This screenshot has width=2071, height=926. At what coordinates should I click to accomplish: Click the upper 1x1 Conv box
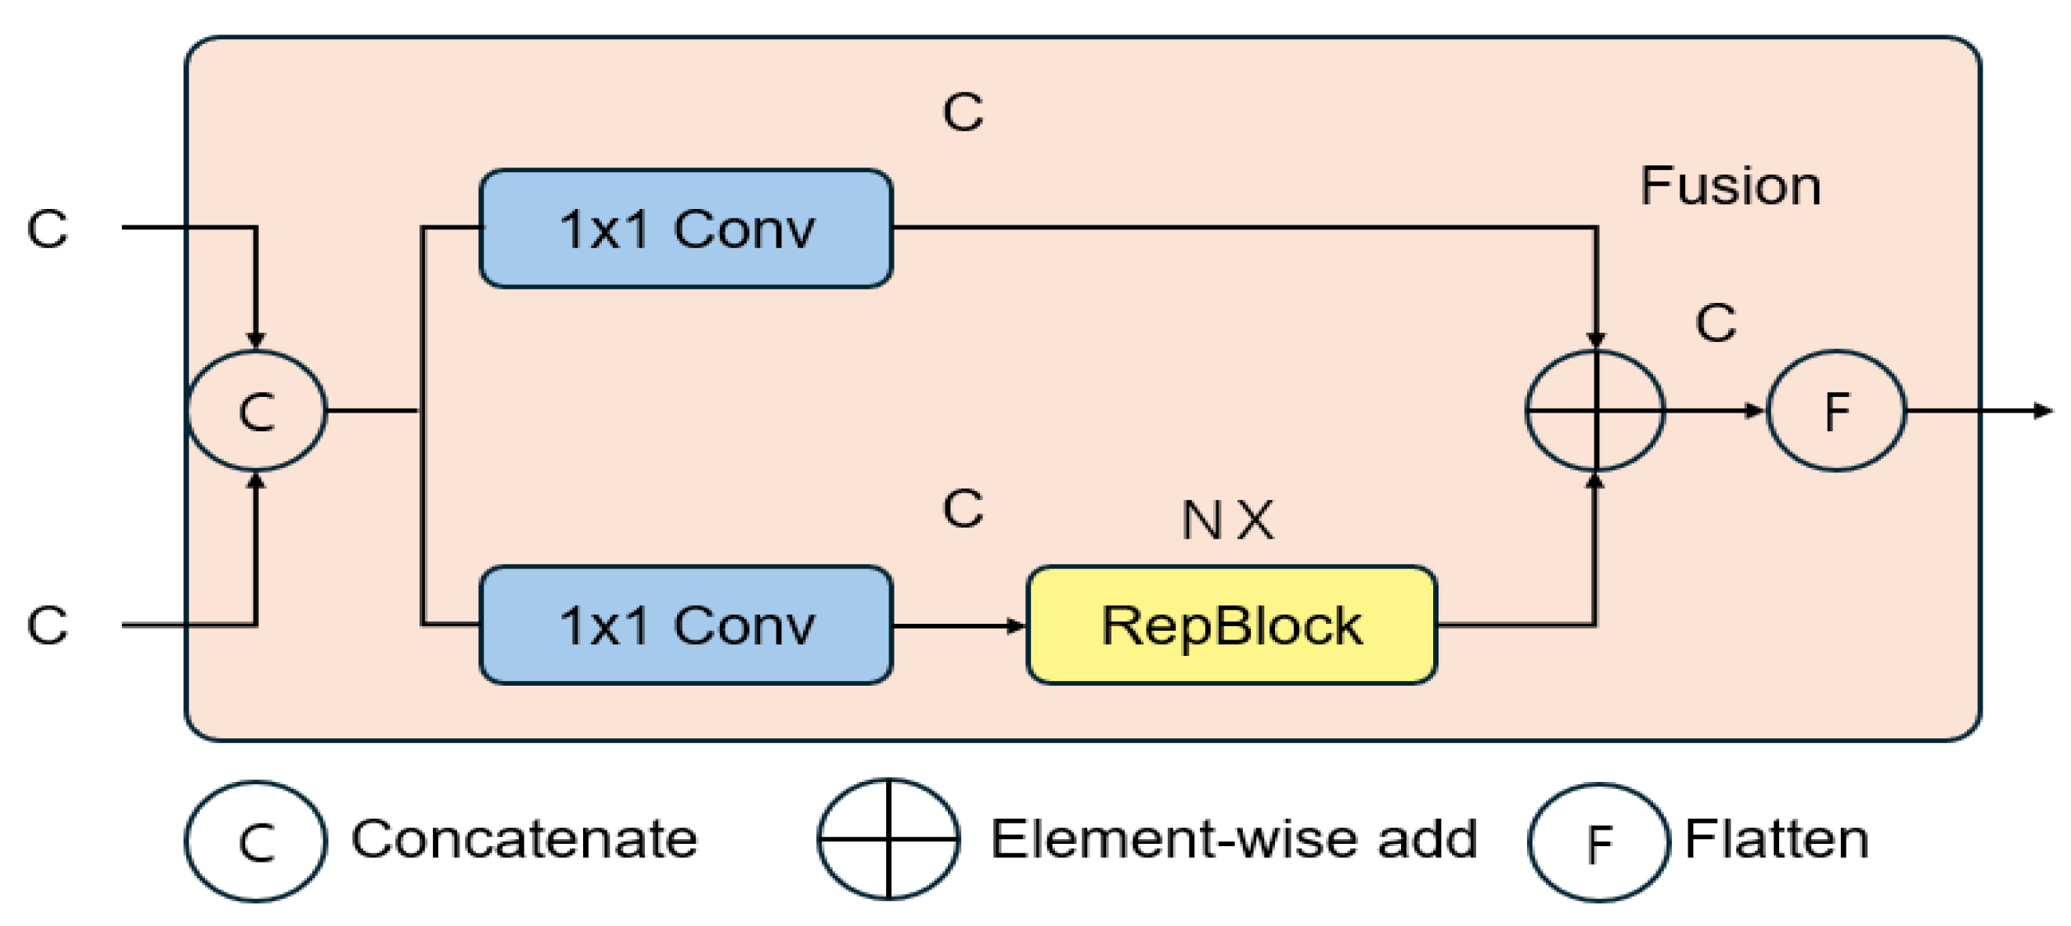686,229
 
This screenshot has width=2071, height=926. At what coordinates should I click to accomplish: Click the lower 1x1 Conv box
686,625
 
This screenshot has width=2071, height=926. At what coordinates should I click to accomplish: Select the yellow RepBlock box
1232,625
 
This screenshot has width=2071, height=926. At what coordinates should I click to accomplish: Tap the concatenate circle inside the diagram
257,411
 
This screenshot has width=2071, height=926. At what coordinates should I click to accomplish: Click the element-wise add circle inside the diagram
1595,411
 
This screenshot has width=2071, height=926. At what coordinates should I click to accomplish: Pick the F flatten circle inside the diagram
1835,411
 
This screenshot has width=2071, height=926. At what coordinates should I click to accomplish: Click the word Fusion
1730,186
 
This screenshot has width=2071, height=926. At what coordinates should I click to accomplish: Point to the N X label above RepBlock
1227,520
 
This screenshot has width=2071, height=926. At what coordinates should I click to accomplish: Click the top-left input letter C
47,229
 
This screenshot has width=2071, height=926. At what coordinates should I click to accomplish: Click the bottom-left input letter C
47,625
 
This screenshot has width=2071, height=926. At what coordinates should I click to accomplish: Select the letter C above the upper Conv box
963,112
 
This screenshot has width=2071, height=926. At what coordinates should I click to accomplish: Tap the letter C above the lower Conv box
963,508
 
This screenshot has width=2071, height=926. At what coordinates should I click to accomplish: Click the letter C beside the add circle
1716,323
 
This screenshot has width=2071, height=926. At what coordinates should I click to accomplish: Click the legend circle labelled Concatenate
257,841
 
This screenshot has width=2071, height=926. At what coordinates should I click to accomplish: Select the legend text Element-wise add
1234,839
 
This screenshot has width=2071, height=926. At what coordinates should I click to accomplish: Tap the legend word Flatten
1776,839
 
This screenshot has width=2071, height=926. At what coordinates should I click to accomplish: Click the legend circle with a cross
888,839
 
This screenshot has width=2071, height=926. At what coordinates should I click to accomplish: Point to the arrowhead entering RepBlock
1017,625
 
